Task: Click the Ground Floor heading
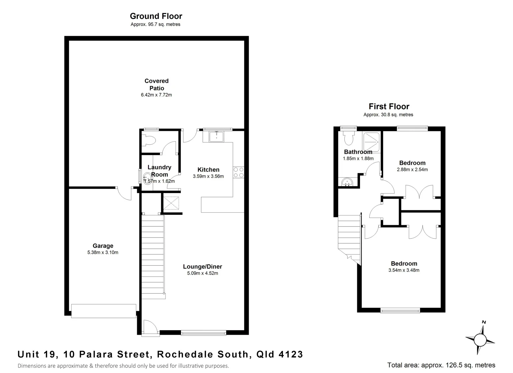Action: [x=156, y=16]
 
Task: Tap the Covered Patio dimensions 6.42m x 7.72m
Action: [x=156, y=95]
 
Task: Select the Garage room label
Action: [x=103, y=246]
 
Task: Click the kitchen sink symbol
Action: [x=217, y=136]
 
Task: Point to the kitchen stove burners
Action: [x=238, y=172]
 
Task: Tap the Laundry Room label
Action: [x=159, y=171]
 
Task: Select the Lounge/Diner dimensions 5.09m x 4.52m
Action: [x=202, y=273]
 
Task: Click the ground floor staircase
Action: [x=153, y=256]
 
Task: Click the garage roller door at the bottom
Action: [x=104, y=311]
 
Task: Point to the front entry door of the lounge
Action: [x=151, y=327]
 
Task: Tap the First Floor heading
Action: [x=389, y=106]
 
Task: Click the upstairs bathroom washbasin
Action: [x=346, y=182]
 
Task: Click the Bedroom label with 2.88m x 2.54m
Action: [x=412, y=163]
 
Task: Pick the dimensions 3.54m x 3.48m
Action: [x=403, y=270]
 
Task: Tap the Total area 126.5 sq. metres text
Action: [x=441, y=365]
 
